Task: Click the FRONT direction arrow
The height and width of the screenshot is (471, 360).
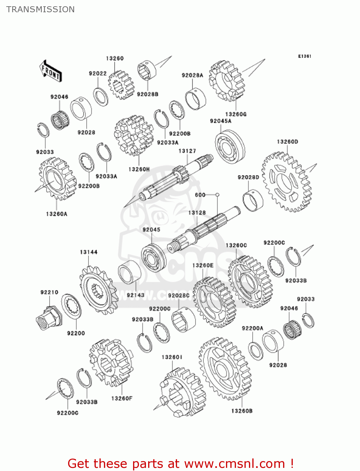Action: pos(51,71)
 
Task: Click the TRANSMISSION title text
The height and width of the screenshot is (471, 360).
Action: pos(40,9)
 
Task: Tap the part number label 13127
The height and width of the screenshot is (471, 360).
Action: pos(187,151)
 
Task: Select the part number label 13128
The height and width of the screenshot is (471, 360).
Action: pos(197,213)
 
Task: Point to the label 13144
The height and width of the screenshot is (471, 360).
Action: pos(89,252)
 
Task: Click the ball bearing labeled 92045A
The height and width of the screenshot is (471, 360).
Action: pos(230,147)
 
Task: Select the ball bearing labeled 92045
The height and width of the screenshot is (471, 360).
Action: pos(153,258)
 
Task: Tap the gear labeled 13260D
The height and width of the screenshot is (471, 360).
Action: pos(287,182)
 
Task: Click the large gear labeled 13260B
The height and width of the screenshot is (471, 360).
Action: pos(225,369)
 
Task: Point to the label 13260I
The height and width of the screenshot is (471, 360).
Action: pos(172,357)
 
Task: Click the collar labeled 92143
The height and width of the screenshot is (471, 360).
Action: pos(130,272)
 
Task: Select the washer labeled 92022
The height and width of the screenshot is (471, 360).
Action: pos(100,97)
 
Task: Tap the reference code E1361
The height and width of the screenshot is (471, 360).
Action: pos(305,56)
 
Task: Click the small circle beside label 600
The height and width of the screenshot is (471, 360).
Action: pos(217,195)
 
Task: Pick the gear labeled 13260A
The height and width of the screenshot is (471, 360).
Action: pos(57,179)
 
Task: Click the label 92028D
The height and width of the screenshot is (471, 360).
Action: pos(249,177)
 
